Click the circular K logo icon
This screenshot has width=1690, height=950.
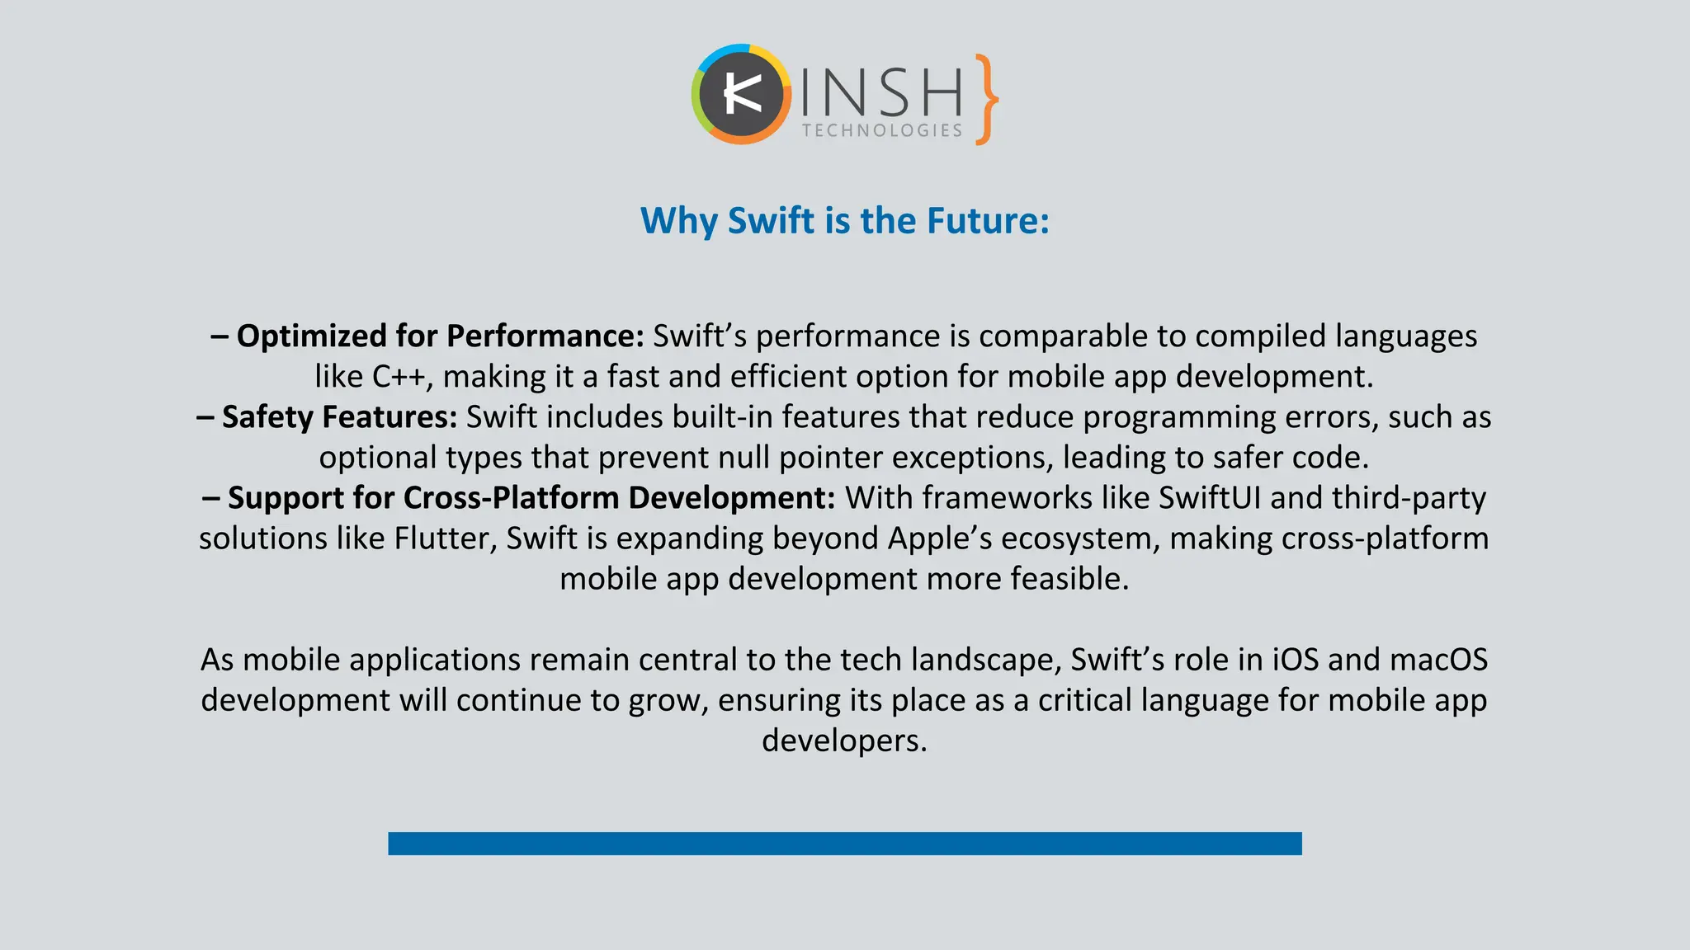[x=740, y=95]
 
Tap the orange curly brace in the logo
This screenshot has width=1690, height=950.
[x=985, y=100]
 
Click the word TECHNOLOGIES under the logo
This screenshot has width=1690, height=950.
[x=882, y=130]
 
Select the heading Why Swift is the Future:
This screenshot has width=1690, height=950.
[x=845, y=221]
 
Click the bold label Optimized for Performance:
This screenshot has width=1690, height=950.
[x=440, y=336]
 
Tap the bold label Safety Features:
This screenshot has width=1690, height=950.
[x=339, y=417]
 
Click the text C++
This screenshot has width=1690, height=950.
[x=399, y=377]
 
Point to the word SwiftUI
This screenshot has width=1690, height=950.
[x=1209, y=498]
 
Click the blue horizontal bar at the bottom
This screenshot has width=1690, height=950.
[x=845, y=844]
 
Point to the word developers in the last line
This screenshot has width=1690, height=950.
[x=844, y=741]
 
